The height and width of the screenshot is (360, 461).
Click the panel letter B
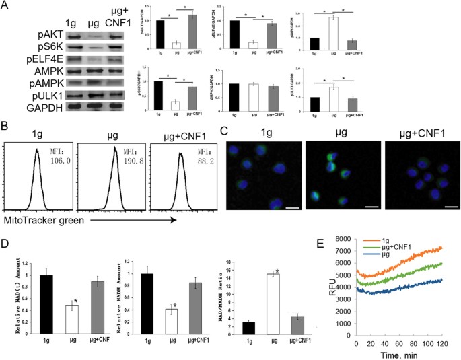[x=6, y=125]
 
